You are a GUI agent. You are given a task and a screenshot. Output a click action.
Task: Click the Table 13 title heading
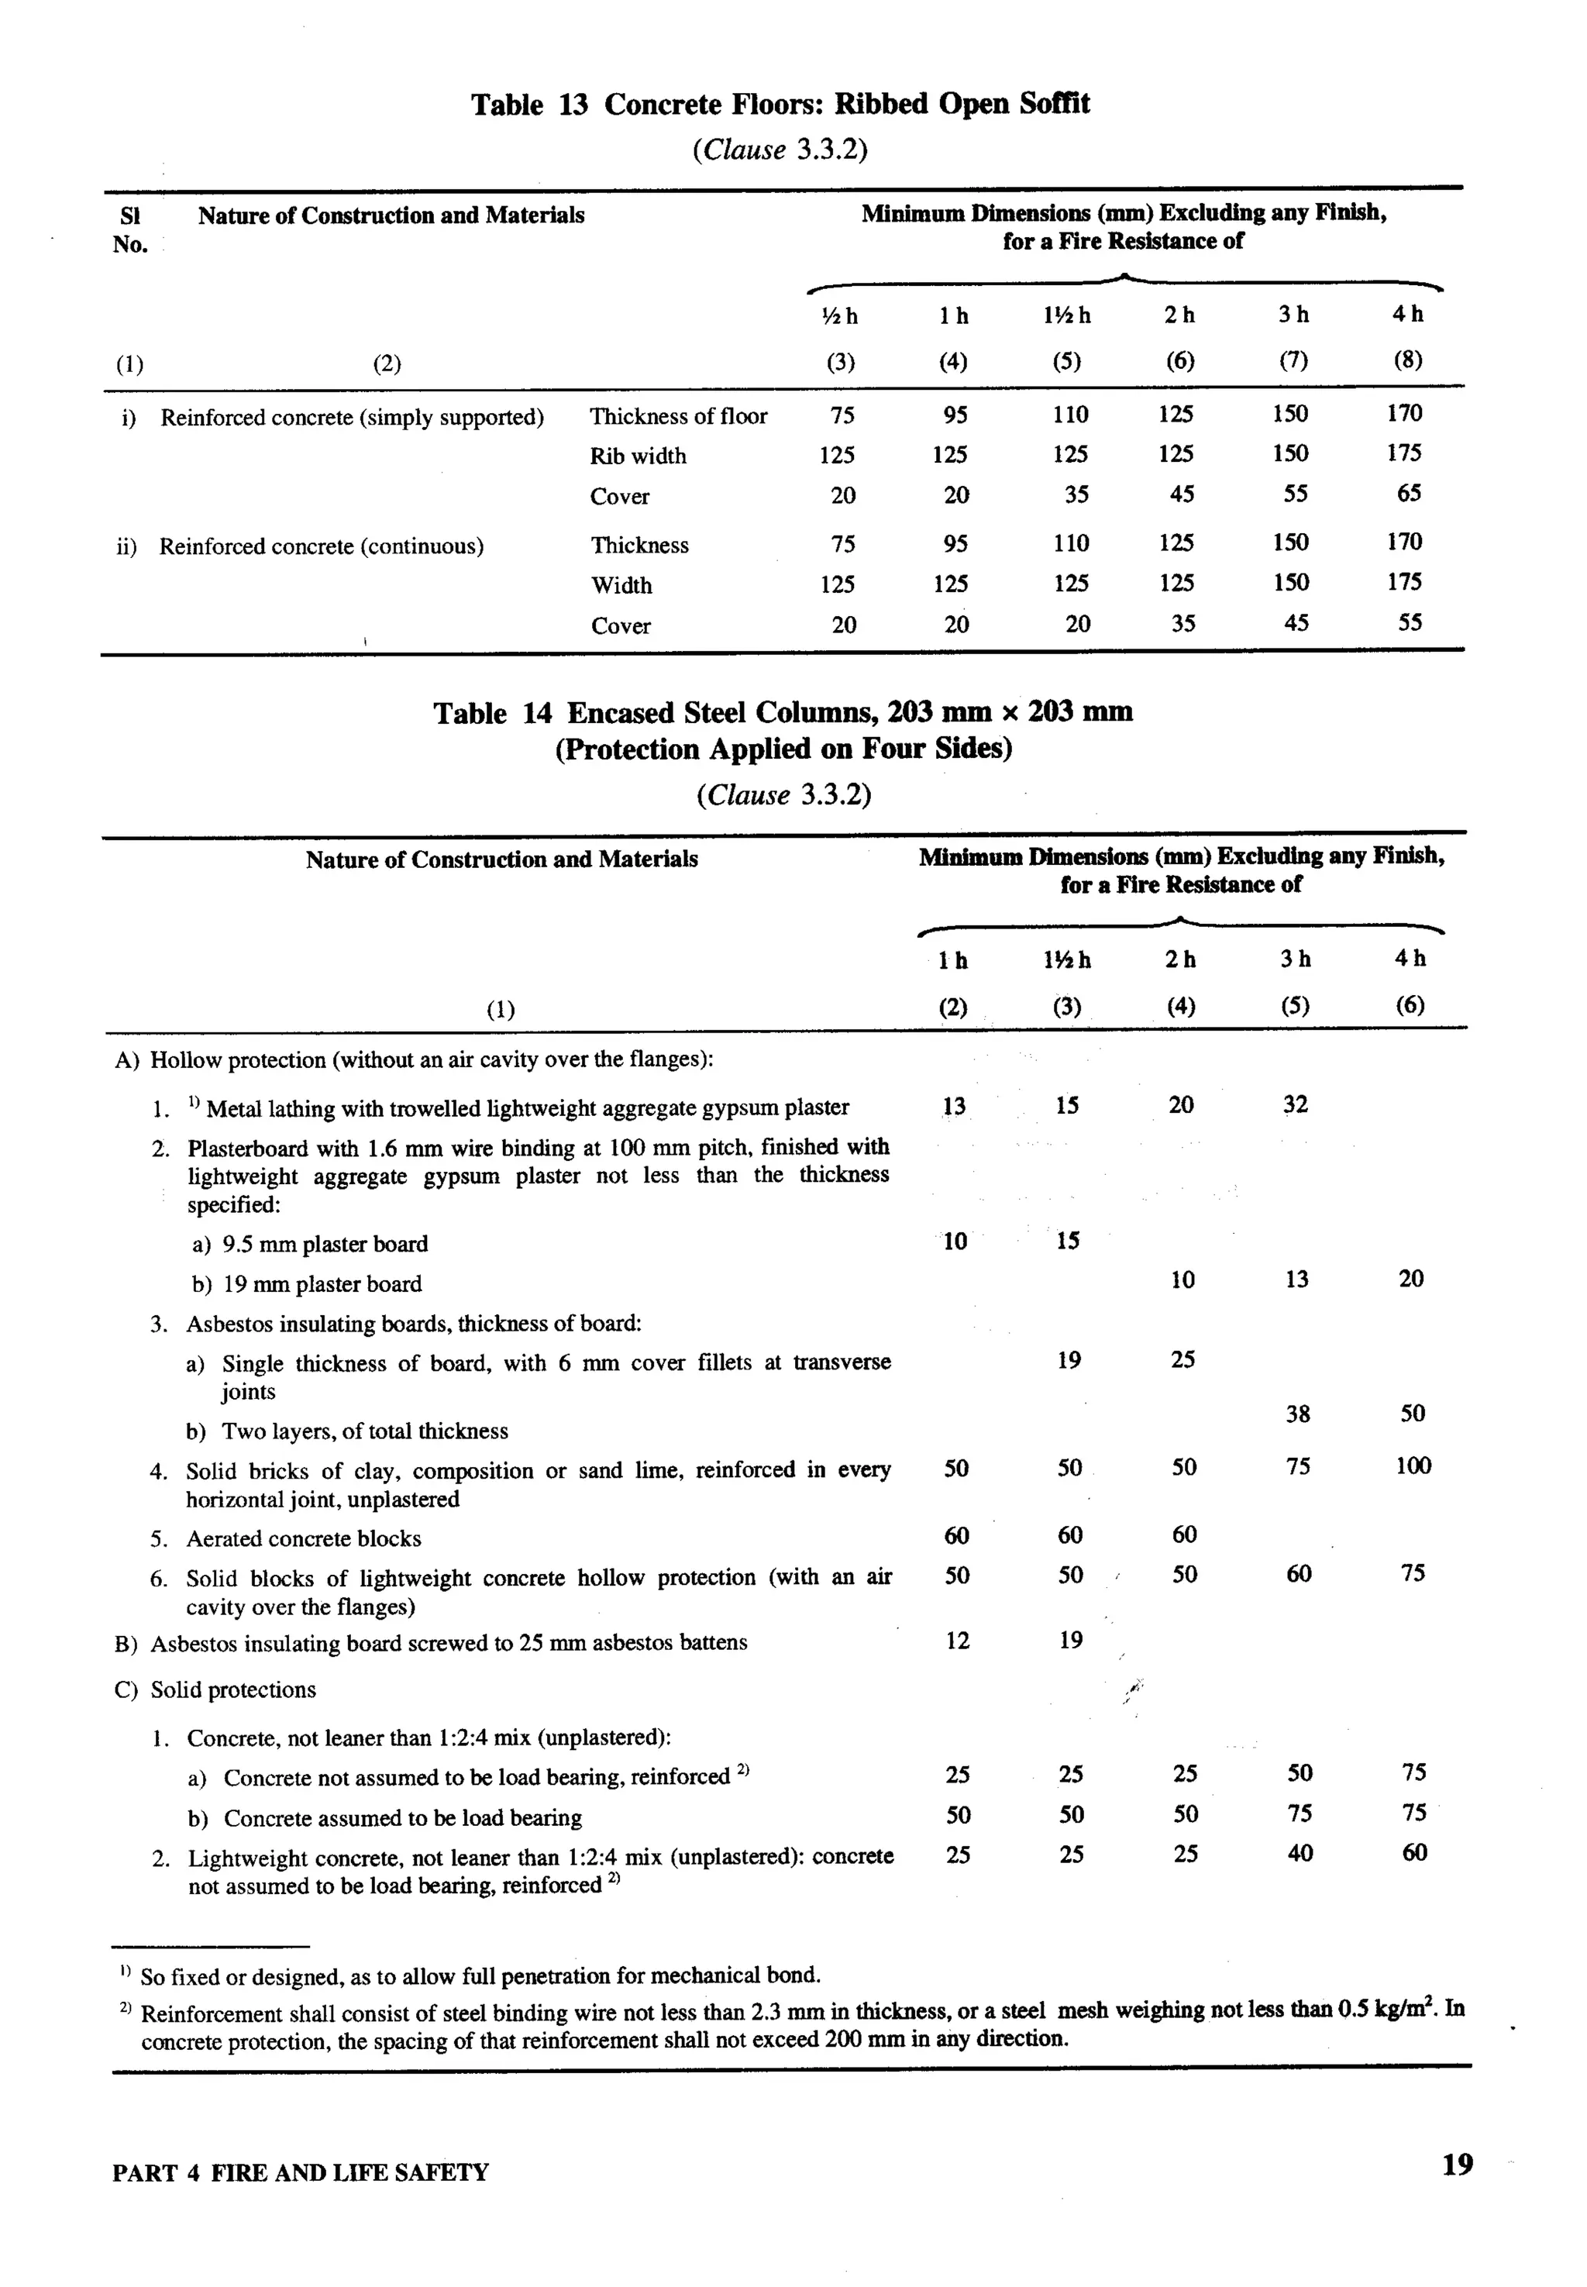(780, 105)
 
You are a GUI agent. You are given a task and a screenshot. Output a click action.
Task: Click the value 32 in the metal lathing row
(1295, 1104)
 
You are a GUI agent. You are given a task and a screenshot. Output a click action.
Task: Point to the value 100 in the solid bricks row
(1412, 1466)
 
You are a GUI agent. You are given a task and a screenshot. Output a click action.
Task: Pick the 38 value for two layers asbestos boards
(1298, 1414)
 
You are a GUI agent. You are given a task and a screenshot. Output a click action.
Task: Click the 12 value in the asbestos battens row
(956, 1641)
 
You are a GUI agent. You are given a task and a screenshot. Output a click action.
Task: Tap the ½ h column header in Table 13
(842, 316)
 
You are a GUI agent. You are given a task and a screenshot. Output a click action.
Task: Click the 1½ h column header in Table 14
(1067, 959)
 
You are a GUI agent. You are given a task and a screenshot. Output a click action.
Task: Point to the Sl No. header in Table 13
(129, 229)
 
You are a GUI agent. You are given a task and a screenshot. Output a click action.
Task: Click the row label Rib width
(638, 456)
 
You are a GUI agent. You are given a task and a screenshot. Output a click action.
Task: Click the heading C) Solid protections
(215, 1690)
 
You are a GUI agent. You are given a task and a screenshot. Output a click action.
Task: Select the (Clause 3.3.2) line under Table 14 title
(783, 795)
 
